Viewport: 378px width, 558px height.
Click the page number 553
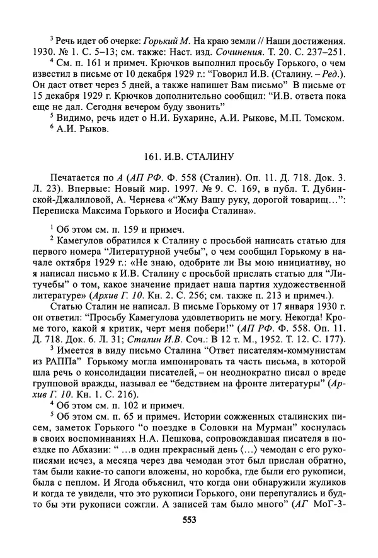coord(188,520)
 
